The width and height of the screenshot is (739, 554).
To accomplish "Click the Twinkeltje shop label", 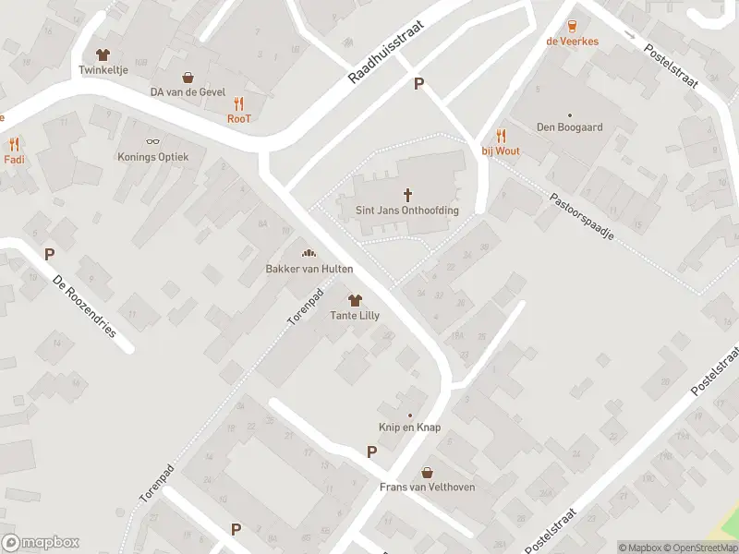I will [102, 69].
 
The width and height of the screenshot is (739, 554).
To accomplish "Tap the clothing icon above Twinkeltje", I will [102, 54].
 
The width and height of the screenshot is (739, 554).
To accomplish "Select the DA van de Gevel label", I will [188, 92].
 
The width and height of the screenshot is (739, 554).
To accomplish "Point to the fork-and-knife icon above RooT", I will [239, 103].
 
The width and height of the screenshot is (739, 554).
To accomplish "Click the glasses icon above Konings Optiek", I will [152, 142].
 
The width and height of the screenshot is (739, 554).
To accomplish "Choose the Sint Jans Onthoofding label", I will [407, 210].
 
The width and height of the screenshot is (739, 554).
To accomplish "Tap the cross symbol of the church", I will [407, 194].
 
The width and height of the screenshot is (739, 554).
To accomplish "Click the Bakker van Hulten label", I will [309, 269].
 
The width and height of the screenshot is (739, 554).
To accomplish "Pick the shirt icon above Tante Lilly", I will [355, 300].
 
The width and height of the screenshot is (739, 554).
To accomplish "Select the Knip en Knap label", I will [409, 428].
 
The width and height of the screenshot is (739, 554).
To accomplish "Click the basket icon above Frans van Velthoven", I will [427, 472].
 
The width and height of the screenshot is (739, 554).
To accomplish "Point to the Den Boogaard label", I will [570, 127].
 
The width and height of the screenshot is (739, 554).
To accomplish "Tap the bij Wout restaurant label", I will [502, 151].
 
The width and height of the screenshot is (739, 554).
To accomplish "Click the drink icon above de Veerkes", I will [572, 26].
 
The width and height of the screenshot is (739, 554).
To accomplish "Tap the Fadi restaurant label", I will [14, 159].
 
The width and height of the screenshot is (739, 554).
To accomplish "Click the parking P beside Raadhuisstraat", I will [418, 84].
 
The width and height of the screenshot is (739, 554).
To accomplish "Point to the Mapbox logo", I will [40, 543].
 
